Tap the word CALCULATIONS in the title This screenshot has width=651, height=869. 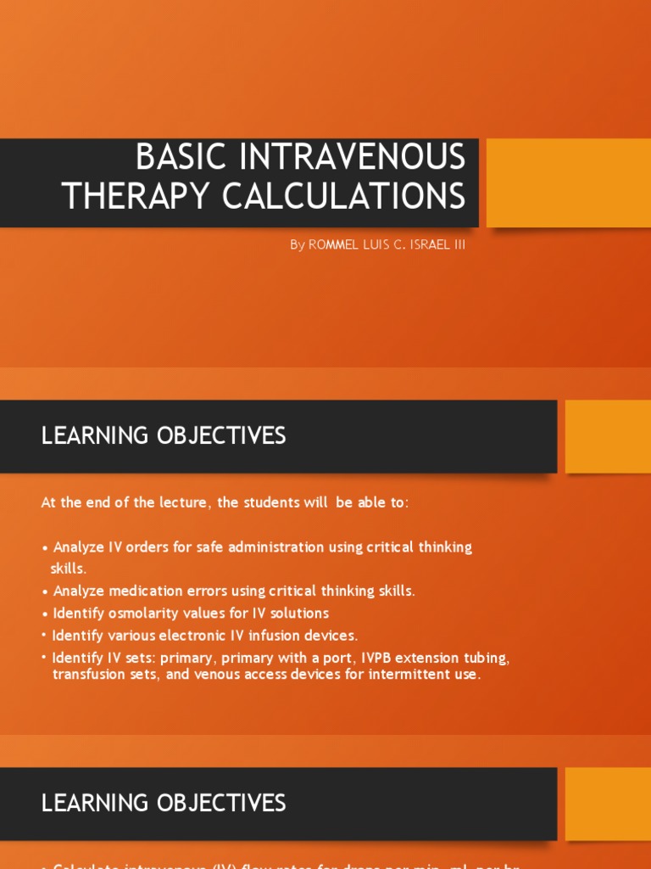344,196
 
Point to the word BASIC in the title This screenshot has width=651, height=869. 179,157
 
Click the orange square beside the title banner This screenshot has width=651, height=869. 569,182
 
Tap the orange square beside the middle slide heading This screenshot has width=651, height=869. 608,436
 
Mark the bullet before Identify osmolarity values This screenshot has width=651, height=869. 45,614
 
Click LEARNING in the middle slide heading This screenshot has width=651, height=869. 97,436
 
